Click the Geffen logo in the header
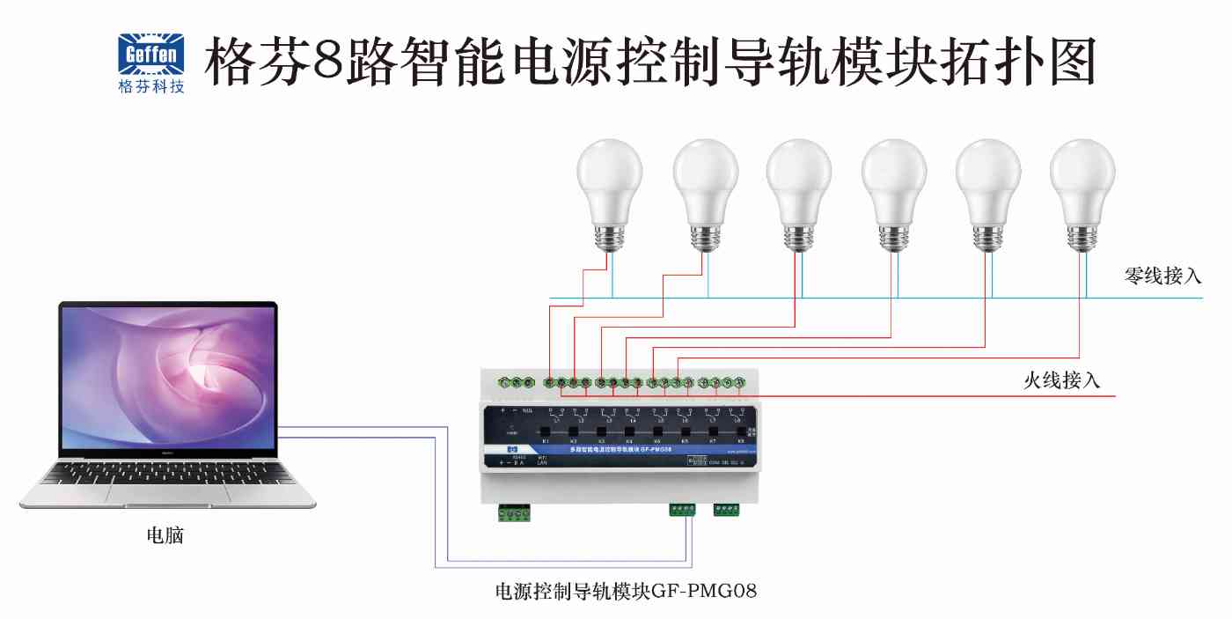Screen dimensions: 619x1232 click(x=151, y=55)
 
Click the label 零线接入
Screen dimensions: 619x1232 click(x=1162, y=276)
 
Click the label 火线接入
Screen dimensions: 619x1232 click(x=1061, y=380)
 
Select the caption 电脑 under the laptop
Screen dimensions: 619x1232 click(x=165, y=535)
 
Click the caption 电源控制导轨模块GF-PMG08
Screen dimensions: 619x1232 click(x=626, y=590)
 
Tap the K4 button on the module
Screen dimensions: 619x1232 click(x=630, y=432)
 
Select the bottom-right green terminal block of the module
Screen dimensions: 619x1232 click(x=727, y=509)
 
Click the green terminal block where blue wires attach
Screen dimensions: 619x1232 click(x=682, y=509)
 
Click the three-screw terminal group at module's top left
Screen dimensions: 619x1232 click(x=516, y=382)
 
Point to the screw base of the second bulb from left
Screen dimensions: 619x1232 click(x=704, y=236)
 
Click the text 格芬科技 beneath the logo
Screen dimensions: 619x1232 click(x=151, y=87)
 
